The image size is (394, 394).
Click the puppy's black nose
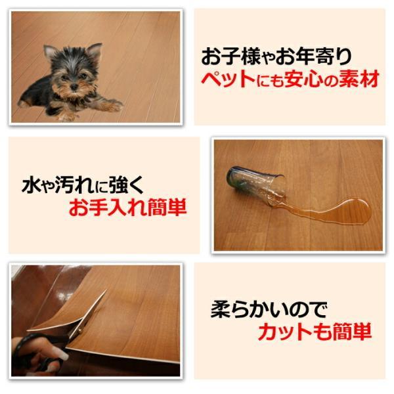click(74, 87)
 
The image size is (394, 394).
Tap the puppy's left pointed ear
click(49, 52)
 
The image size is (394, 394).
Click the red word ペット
click(228, 79)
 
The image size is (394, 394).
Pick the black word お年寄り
click(313, 56)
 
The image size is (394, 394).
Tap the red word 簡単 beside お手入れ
click(167, 208)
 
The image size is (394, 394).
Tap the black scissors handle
click(37, 352)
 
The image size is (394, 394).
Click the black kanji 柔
click(221, 309)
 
